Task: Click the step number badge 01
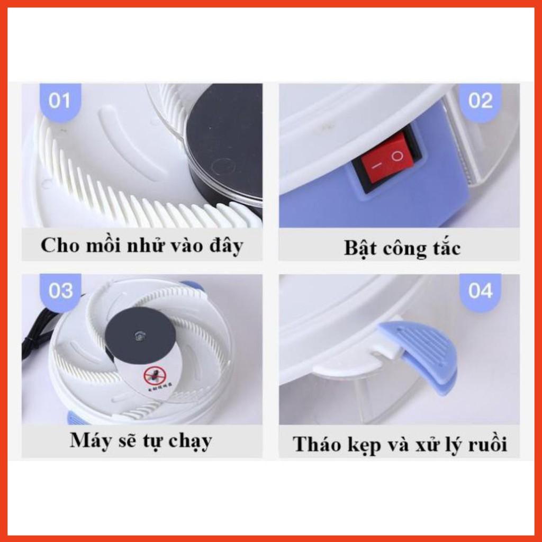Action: click(x=59, y=101)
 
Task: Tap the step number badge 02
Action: click(x=480, y=101)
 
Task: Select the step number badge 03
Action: click(x=60, y=291)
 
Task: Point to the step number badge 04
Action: click(x=480, y=291)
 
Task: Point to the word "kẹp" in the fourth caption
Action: click(x=363, y=445)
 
